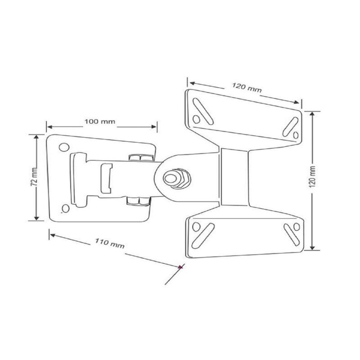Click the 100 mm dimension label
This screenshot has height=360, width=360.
[100, 121]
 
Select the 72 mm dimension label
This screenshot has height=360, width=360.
[34, 176]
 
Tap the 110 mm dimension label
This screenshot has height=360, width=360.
[110, 243]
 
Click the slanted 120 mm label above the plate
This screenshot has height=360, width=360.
[247, 87]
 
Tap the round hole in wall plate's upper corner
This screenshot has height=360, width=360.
[64, 147]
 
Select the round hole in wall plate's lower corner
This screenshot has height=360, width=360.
[66, 208]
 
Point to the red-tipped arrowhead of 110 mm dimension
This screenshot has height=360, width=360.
[181, 266]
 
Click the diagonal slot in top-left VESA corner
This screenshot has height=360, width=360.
[203, 111]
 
